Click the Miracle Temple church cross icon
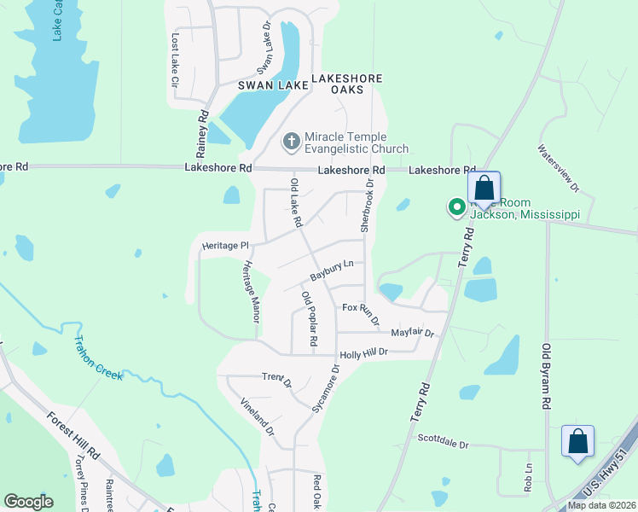click(x=291, y=141)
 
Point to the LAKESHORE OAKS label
click(x=347, y=84)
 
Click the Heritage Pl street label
click(x=223, y=246)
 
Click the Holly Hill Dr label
click(x=364, y=352)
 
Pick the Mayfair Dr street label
click(x=413, y=334)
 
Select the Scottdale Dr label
click(x=444, y=443)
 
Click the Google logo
click(x=28, y=502)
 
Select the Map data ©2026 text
click(x=601, y=505)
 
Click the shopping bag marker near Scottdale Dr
click(x=577, y=442)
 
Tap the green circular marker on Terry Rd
click(x=457, y=206)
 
